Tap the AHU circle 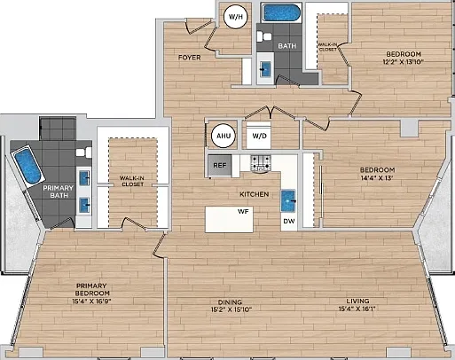(x=224, y=136)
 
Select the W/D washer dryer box (x=259, y=136)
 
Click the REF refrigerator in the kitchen (x=219, y=165)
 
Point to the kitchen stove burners (x=261, y=163)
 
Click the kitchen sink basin (x=288, y=200)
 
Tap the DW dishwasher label (x=289, y=221)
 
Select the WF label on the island (x=243, y=212)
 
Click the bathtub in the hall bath (x=281, y=12)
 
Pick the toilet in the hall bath (x=264, y=37)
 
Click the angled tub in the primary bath (x=27, y=167)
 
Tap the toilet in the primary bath (x=84, y=153)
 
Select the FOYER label (x=190, y=58)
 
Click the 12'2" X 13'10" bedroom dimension (x=404, y=62)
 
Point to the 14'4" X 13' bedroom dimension (x=377, y=178)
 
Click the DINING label (x=230, y=302)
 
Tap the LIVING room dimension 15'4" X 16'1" (x=357, y=309)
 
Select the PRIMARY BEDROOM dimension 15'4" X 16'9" (x=93, y=301)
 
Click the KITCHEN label (x=255, y=194)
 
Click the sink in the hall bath (x=265, y=69)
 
